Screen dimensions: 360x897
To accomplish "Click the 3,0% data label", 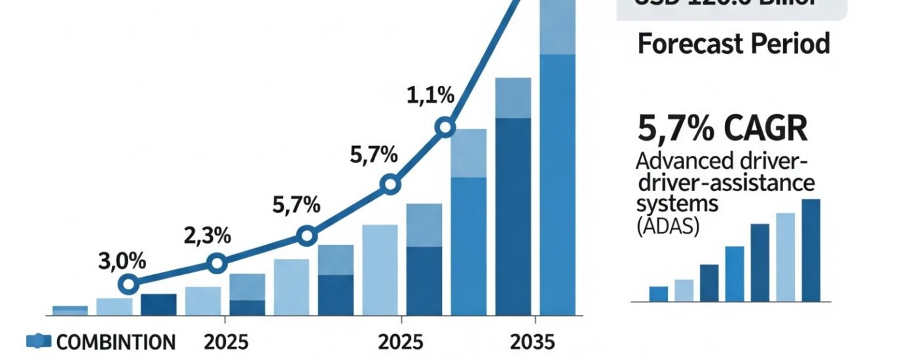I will click(121, 261).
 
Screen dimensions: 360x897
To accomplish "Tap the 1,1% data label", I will click(430, 96).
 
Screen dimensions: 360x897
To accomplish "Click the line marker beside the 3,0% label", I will click(129, 284).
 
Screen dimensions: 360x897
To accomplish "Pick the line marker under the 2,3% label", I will click(217, 264).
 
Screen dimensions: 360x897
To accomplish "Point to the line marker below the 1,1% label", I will click(445, 127).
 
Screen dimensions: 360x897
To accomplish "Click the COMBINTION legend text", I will click(117, 342).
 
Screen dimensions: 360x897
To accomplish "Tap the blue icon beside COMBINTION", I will click(39, 341).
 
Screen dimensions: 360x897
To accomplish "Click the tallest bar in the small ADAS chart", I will click(811, 250).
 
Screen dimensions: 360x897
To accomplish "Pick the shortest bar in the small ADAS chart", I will click(659, 294).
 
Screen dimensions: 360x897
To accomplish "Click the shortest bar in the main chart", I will click(70, 310).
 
